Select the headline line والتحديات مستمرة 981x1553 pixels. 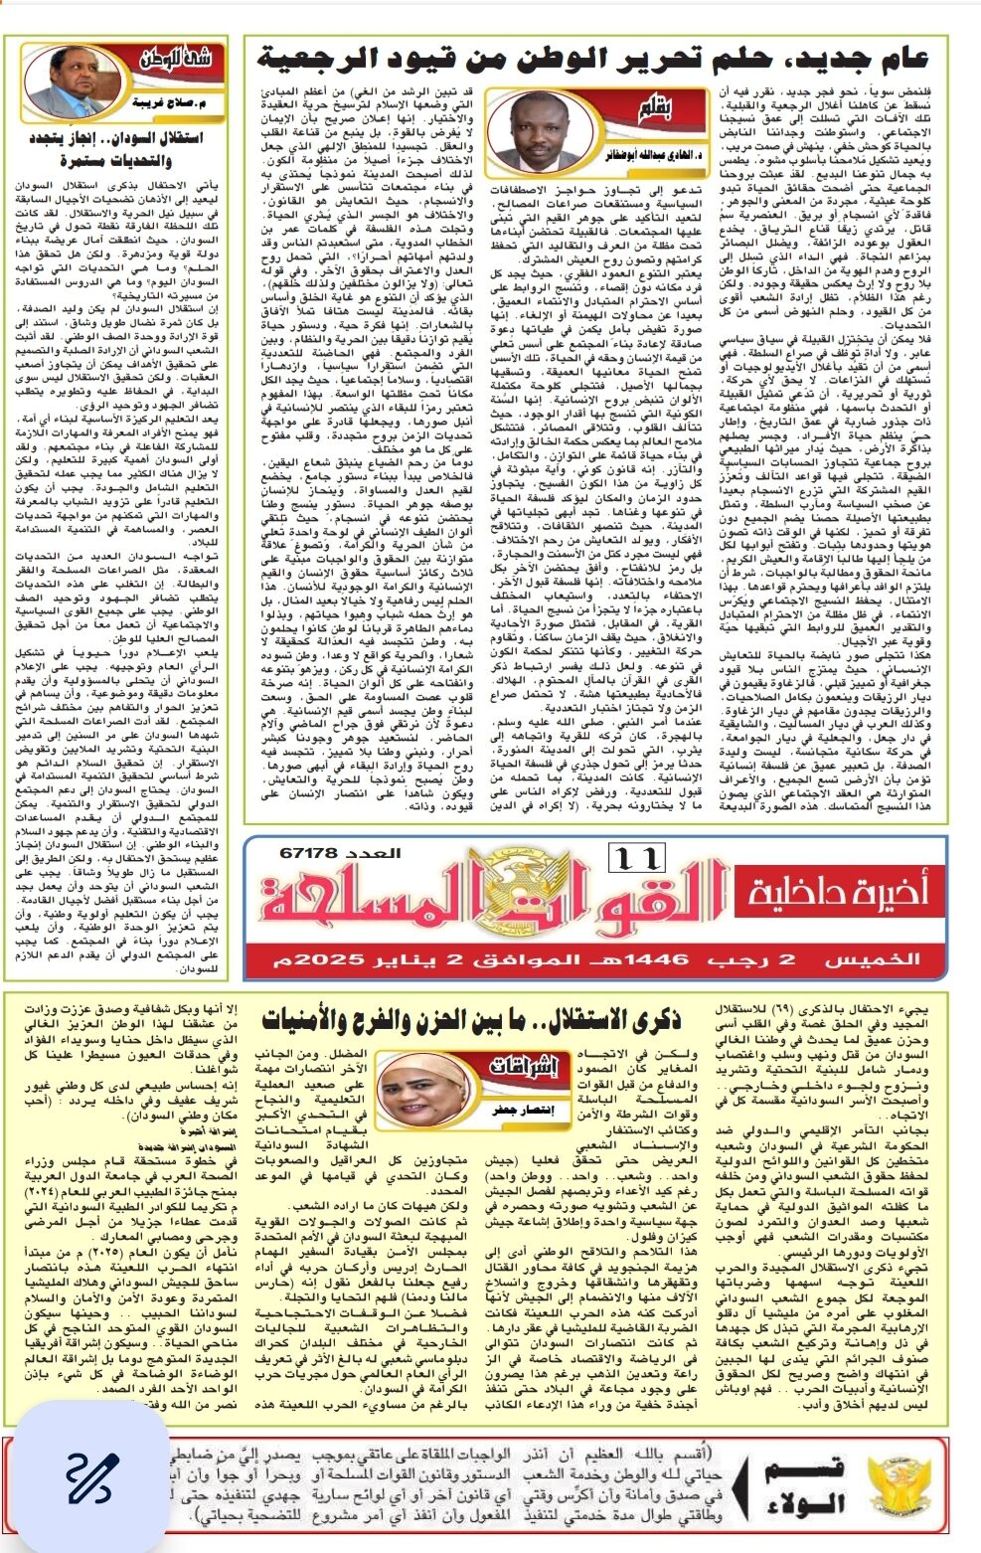[x=116, y=160]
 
